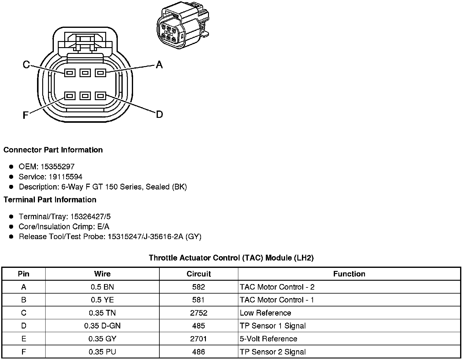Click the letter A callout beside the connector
(159, 65)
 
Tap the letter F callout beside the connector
(26, 115)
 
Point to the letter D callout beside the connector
(159, 114)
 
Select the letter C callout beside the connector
(26, 65)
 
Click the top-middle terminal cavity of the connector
(85, 73)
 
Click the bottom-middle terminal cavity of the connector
(85, 96)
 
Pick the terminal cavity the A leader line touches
(100, 73)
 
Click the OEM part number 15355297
(58, 167)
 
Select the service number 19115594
(65, 177)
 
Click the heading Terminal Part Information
(50, 200)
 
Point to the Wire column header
(102, 274)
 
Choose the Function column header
(349, 274)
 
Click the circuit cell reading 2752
(199, 313)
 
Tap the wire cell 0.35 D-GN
(102, 326)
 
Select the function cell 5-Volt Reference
(268, 339)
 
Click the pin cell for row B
(24, 300)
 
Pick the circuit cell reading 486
(199, 352)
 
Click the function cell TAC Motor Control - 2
(277, 287)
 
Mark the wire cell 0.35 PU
(102, 352)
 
